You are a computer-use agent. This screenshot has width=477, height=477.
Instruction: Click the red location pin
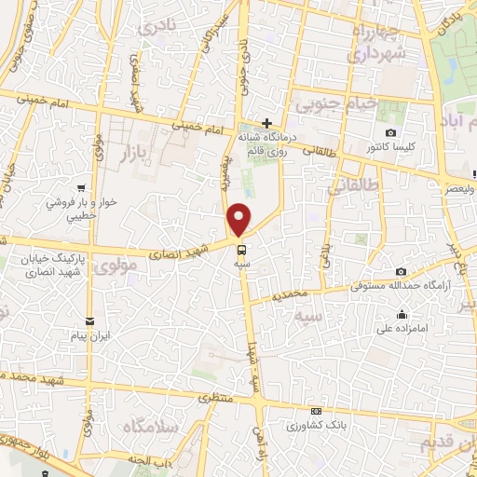240,219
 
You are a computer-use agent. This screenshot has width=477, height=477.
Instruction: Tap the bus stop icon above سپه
241,250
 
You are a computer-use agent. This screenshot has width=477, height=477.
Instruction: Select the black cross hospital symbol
266,122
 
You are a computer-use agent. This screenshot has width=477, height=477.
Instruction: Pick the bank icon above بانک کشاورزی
317,412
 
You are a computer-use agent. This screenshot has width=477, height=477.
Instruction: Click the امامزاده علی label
402,327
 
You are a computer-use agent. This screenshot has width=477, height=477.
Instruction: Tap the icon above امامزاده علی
402,314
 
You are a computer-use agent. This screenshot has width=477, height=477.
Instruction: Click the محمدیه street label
291,294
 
